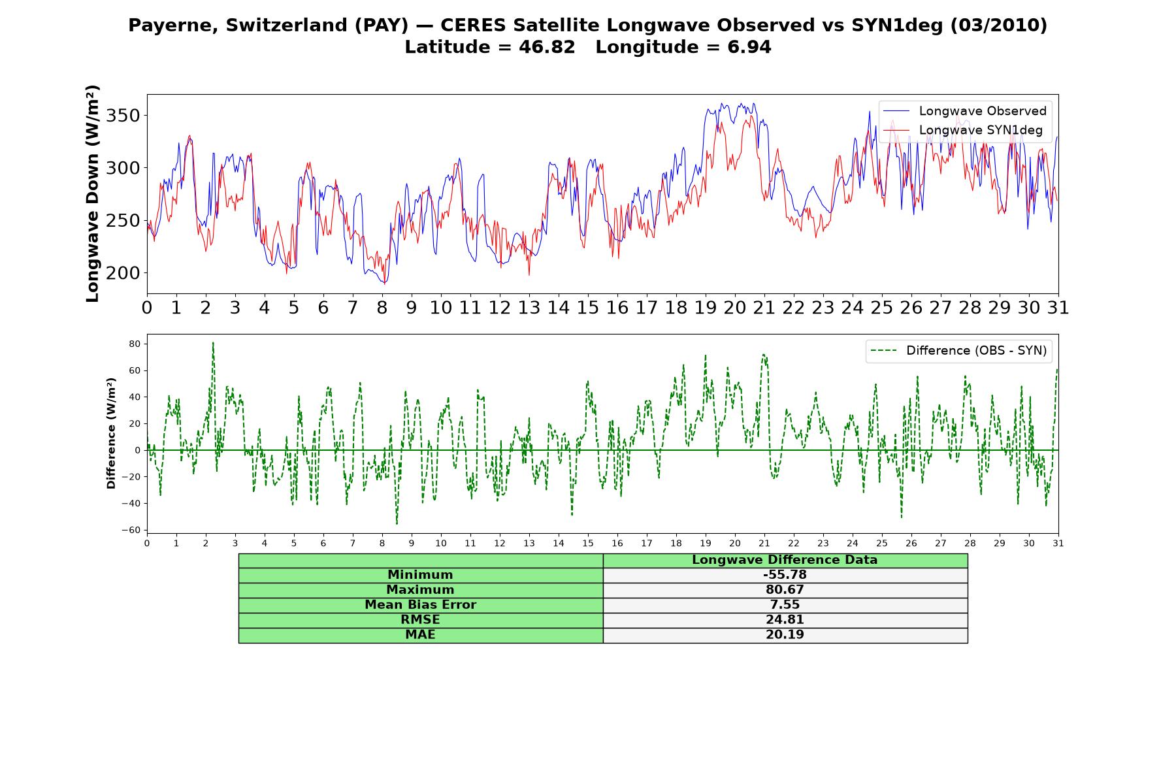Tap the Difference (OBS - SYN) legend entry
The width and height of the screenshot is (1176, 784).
point(958,351)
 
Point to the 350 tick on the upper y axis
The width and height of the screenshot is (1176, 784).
point(122,116)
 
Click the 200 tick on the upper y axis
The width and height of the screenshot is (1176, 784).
point(122,273)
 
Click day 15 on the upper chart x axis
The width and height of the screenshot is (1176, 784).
point(588,308)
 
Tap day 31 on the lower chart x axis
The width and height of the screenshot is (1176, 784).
point(1058,543)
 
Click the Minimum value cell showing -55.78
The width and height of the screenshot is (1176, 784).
point(785,575)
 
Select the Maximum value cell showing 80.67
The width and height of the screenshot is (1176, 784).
point(785,590)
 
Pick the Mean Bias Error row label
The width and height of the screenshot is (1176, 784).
point(420,605)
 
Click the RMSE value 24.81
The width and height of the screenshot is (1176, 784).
point(785,620)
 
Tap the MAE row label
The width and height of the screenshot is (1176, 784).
point(420,635)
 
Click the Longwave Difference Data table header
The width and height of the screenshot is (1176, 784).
point(785,560)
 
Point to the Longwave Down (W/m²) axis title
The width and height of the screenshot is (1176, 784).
point(92,193)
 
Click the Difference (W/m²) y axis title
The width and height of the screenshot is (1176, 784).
point(111,433)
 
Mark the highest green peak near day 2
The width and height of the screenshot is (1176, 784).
point(213,342)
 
